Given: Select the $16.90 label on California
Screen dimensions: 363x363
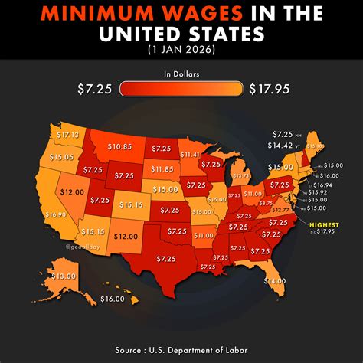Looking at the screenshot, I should coord(55,215).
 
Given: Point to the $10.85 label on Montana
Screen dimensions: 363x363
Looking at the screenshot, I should coord(120,146).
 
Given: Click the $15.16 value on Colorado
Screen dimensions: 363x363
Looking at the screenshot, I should coord(132,205).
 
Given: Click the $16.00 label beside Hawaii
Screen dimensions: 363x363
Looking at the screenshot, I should coord(112,299).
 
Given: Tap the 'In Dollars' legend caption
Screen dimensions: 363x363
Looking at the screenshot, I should coord(181,74).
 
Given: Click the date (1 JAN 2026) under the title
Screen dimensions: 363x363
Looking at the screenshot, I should coord(181,50).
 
